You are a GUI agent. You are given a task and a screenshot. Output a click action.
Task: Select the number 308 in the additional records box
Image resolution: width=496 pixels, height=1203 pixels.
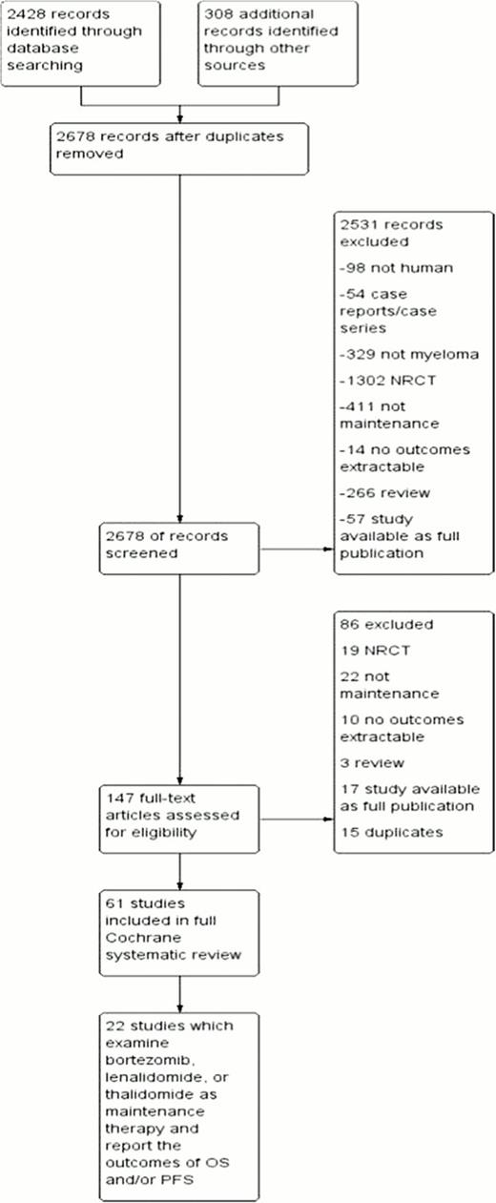pyautogui.click(x=217, y=15)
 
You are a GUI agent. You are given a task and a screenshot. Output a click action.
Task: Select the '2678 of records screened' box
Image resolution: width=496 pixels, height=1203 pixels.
pyautogui.click(x=178, y=547)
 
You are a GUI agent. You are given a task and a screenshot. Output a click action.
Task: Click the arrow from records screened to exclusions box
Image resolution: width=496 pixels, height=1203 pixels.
pyautogui.click(x=296, y=549)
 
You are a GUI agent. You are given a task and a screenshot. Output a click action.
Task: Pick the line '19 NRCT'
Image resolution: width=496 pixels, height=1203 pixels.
pyautogui.click(x=369, y=653)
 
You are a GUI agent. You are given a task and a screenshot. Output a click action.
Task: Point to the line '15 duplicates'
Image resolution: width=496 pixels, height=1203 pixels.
pyautogui.click(x=391, y=833)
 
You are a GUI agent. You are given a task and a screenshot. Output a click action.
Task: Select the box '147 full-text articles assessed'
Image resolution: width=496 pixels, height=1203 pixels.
pyautogui.click(x=178, y=817)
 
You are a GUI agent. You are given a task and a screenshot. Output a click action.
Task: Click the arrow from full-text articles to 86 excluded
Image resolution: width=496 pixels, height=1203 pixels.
pyautogui.click(x=296, y=818)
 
